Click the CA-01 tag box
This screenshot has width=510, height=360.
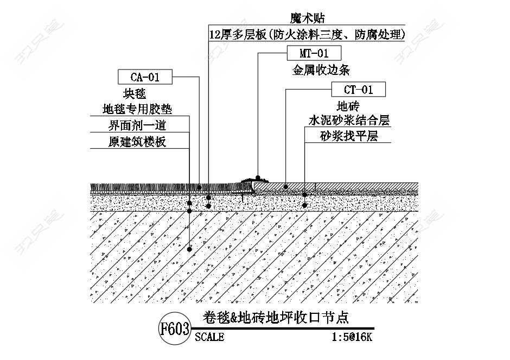[x=145, y=77]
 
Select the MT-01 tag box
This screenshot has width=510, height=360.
[x=314, y=53]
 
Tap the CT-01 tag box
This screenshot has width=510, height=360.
[x=359, y=89]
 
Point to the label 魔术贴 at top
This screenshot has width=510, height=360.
[x=308, y=17]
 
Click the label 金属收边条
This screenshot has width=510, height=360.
[x=321, y=70]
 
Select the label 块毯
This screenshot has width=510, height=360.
[x=135, y=94]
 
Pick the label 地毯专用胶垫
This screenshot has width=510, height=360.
[x=137, y=109]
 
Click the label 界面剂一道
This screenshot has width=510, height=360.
[x=137, y=125]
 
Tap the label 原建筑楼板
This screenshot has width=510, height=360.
[x=137, y=142]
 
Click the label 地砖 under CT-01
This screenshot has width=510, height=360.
[x=348, y=106]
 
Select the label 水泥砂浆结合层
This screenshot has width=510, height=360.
[x=349, y=121]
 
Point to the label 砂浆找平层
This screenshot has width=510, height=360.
[x=349, y=136]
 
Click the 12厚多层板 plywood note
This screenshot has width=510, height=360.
[x=307, y=34]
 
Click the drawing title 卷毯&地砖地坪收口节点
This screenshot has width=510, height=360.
[x=276, y=318]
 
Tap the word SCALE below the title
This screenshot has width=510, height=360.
[x=209, y=337]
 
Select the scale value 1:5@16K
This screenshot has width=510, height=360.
[x=352, y=337]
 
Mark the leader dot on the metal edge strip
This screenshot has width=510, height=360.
[x=258, y=178]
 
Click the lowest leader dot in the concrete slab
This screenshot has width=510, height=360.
[x=190, y=249]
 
